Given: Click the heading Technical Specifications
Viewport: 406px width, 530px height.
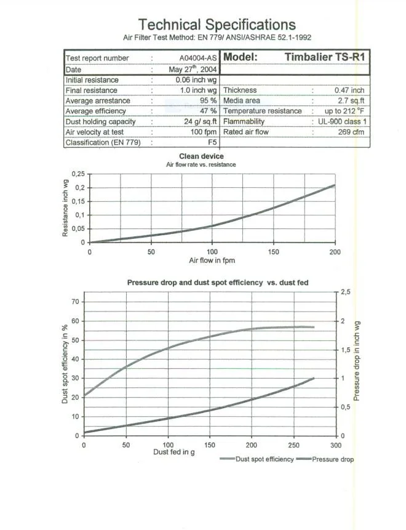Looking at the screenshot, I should (217, 25).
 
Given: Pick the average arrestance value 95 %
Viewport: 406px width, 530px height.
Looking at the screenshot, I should (209, 100).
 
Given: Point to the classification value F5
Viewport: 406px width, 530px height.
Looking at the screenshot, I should (212, 142).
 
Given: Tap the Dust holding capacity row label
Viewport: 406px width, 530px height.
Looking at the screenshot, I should (100, 121).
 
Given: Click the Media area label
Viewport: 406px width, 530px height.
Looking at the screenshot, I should (242, 100).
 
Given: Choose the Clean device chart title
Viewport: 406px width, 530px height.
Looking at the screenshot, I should (201, 156).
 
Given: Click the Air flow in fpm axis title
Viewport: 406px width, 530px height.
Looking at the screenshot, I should (212, 261).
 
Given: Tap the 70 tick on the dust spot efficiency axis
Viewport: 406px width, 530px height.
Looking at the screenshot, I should (75, 302).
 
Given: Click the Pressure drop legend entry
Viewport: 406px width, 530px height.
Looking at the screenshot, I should (333, 459).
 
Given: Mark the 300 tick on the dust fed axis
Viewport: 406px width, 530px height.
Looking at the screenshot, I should (335, 444).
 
